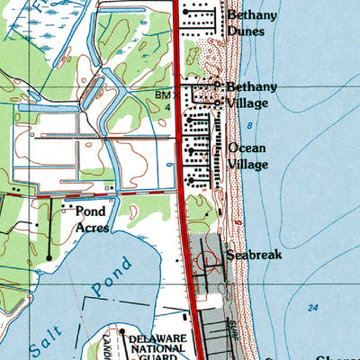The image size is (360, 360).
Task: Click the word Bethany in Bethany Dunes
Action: click(x=251, y=15)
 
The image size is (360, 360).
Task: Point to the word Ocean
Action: click(x=246, y=148)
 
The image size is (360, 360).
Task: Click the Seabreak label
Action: click(x=255, y=256)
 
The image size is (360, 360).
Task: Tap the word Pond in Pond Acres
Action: click(x=91, y=212)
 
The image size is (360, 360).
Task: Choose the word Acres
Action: click(x=93, y=228)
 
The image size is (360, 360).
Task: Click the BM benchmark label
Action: click(x=162, y=94)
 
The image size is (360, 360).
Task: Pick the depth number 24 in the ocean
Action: click(x=312, y=308)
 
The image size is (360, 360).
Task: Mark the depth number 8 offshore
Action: click(x=249, y=125)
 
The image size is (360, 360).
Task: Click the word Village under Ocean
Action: click(x=248, y=165)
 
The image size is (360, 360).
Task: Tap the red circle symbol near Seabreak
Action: click(x=209, y=262)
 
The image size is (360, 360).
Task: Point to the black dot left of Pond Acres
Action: click(x=64, y=206)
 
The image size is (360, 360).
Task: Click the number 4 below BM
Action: click(x=166, y=104)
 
